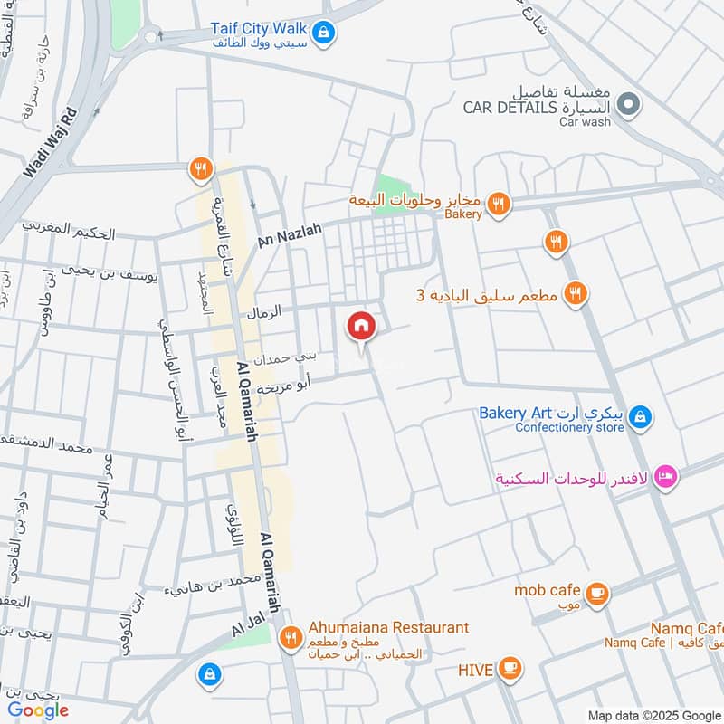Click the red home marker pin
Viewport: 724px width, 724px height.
(x=360, y=326)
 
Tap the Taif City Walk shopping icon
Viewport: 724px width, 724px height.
(x=326, y=34)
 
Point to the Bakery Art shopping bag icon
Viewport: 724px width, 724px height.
(x=639, y=416)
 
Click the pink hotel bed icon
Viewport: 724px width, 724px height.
(x=666, y=476)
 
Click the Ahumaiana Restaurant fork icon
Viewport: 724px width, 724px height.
(x=291, y=638)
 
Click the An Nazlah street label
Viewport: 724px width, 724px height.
(x=290, y=237)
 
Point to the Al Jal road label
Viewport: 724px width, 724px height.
(x=245, y=625)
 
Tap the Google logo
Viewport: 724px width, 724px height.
(x=39, y=710)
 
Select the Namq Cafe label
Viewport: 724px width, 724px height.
(x=688, y=628)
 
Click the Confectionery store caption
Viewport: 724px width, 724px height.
(x=569, y=428)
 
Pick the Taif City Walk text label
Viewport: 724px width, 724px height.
(x=258, y=28)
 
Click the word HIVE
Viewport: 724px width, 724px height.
(x=474, y=670)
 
